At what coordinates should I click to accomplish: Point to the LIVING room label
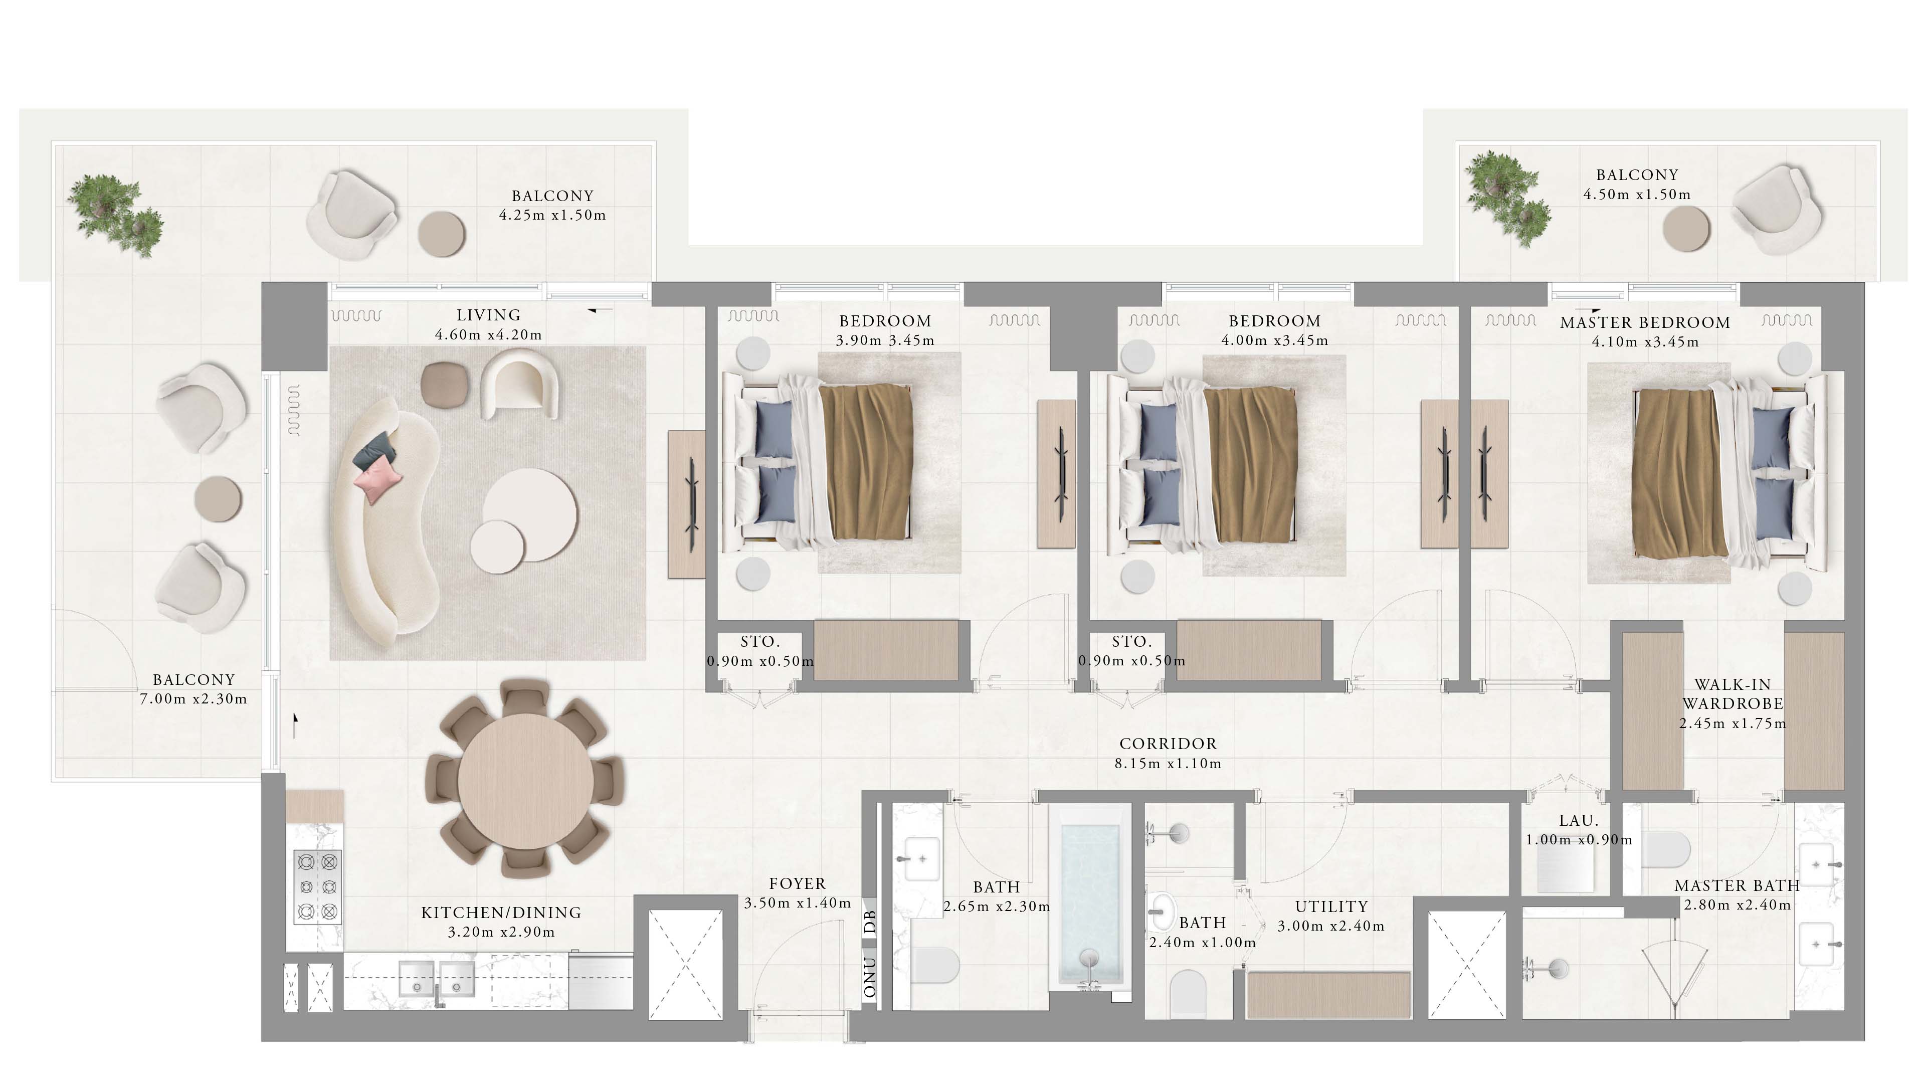pyautogui.click(x=489, y=315)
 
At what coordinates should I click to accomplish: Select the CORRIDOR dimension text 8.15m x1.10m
pyautogui.click(x=1168, y=764)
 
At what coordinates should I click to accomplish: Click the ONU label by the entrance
pyautogui.click(x=870, y=977)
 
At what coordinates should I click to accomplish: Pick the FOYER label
pyautogui.click(x=798, y=883)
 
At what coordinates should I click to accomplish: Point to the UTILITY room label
pyautogui.click(x=1331, y=907)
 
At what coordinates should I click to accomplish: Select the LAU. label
pyautogui.click(x=1578, y=821)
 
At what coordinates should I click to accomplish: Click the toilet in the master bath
pyautogui.click(x=1666, y=849)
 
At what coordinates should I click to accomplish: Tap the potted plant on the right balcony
pyautogui.click(x=1506, y=198)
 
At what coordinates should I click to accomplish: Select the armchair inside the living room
pyautogui.click(x=519, y=386)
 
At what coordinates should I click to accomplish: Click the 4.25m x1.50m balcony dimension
pyautogui.click(x=552, y=215)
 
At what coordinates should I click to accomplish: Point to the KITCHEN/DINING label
pyautogui.click(x=501, y=913)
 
